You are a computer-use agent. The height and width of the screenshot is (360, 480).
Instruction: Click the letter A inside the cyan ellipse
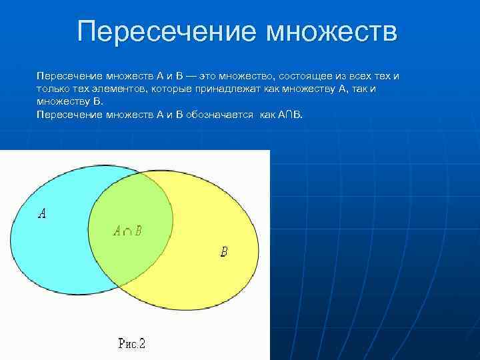42,213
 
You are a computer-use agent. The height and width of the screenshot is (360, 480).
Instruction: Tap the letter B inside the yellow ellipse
223,252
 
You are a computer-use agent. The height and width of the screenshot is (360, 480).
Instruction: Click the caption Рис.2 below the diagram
131,344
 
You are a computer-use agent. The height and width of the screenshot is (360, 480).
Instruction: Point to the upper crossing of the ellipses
142,175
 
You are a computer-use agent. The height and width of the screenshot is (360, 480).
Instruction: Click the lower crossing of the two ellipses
119,284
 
